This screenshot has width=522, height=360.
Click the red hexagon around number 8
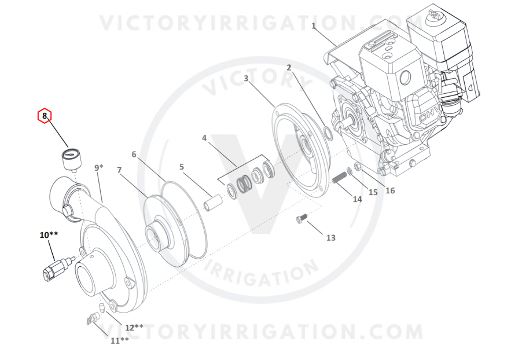pos(45,116)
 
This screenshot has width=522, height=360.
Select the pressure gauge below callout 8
pos(72,160)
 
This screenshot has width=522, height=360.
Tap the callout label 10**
pos(49,235)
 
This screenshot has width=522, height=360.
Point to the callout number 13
pos(330,238)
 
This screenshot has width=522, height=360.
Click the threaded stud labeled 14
pos(340,177)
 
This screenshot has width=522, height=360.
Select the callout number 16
pos(390,190)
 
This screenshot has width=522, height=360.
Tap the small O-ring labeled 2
pos(328,133)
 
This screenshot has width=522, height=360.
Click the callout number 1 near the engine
pos(313,25)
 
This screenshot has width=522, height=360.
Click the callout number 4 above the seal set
pos(204,138)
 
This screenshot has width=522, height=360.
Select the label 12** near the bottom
pos(134,328)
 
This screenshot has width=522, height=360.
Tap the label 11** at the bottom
pos(120,340)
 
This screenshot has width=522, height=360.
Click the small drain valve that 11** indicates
pos(92,318)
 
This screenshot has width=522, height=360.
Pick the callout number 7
pos(119,170)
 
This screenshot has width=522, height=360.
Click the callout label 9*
pos(99,167)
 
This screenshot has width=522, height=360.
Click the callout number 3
pos(246,78)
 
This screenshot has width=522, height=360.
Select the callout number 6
pos(134,154)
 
